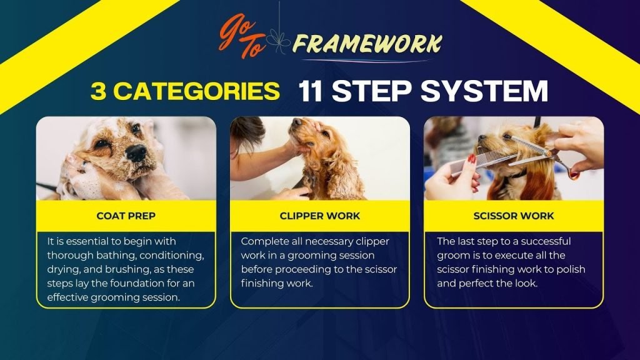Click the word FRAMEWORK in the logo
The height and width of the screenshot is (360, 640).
[367, 44]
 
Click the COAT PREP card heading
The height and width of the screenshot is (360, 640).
[126, 216]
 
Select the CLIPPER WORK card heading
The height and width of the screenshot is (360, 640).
[320, 216]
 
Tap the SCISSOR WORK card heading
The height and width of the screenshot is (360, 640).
[514, 216]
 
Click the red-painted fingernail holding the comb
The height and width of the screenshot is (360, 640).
[471, 159]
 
